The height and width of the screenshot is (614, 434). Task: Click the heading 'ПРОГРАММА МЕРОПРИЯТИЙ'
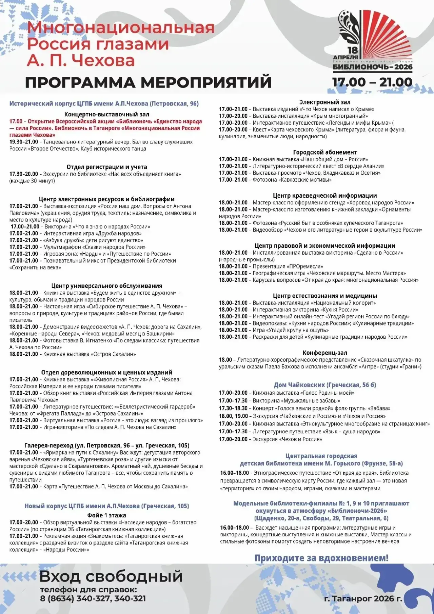pos(148,82)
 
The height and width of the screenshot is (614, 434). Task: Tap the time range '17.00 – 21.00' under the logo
pos(372,82)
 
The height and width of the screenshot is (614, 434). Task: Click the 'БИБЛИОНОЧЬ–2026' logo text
pos(373,67)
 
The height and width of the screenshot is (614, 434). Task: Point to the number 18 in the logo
pos(353,51)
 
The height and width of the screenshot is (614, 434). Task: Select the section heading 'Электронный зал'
pos(324,102)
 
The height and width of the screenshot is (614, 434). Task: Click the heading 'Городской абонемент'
pos(324,152)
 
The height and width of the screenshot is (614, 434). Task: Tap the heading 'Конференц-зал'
pos(324,353)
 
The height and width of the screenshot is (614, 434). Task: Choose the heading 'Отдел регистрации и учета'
pos(107,167)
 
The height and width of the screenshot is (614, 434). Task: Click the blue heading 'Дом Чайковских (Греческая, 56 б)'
pos(325,385)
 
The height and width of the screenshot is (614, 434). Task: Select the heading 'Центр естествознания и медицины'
pos(324,296)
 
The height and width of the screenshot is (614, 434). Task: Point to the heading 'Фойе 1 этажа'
pos(107,515)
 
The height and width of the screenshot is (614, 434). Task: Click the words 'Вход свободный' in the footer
pos(111,576)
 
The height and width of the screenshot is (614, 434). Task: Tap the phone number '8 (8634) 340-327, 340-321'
pos(93,599)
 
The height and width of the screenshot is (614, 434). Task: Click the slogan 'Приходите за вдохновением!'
pos(321,558)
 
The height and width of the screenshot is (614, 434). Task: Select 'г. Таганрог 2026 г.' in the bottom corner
pos(363,599)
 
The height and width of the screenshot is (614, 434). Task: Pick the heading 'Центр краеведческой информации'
pos(324,196)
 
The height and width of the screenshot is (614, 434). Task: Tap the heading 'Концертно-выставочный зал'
pos(107,114)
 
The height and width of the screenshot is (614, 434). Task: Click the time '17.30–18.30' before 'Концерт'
pos(233,408)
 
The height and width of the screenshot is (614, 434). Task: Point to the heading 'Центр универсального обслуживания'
pos(107,286)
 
